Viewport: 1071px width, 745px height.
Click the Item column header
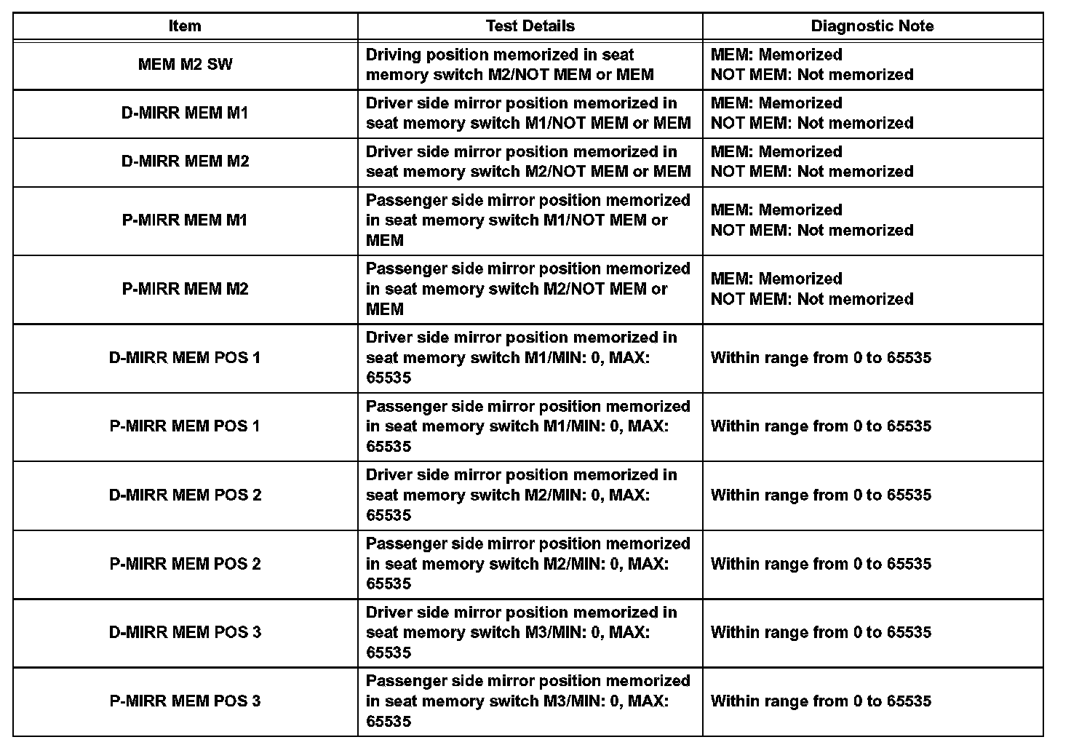pos(185,26)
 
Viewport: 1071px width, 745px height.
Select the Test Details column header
pos(530,26)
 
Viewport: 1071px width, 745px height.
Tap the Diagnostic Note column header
pos(872,26)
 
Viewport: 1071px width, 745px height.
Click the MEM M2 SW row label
pos(185,64)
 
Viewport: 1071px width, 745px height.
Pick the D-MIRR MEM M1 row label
pos(185,113)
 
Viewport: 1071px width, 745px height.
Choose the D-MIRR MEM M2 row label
pos(185,161)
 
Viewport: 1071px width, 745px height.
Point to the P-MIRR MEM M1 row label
pos(185,220)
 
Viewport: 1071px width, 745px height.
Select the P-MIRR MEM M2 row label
pos(185,289)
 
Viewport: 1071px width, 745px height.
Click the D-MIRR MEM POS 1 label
pos(185,357)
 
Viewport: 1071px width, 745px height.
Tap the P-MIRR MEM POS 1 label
pos(185,426)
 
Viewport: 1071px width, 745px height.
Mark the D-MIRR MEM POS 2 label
pos(185,495)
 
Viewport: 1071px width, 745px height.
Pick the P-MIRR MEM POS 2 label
pos(185,564)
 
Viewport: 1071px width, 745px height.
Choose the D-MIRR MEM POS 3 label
pos(185,632)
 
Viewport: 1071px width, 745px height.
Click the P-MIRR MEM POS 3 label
pos(185,701)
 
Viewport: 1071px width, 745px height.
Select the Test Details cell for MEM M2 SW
pos(509,64)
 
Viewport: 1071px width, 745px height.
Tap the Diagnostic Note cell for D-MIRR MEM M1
pos(811,113)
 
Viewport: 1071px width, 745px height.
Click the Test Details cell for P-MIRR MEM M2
pos(527,289)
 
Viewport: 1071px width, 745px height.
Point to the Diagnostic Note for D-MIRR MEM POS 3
pos(821,632)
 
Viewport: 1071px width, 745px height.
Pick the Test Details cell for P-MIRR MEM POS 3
pos(527,701)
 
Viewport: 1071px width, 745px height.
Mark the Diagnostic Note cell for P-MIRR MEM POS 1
pos(821,426)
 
